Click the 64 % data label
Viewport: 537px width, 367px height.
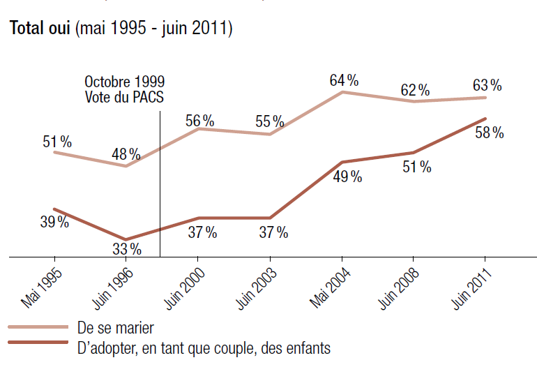coord(344,80)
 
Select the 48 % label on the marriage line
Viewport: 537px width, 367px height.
coord(126,154)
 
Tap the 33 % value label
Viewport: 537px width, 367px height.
coord(127,248)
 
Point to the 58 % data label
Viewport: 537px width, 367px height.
coord(489,133)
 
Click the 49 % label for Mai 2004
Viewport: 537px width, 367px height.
coord(347,177)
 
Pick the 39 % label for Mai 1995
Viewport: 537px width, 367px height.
coord(54,222)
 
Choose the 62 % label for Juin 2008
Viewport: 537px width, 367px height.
coord(414,90)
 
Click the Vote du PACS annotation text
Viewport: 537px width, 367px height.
coord(124,97)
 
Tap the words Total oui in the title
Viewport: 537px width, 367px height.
coord(39,29)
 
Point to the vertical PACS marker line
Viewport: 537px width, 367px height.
coord(160,181)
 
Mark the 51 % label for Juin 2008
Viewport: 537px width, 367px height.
coord(416,167)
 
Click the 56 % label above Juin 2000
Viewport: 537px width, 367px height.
coord(199,119)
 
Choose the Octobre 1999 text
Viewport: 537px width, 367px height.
coord(125,82)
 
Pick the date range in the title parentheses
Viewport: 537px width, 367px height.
coord(154,29)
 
